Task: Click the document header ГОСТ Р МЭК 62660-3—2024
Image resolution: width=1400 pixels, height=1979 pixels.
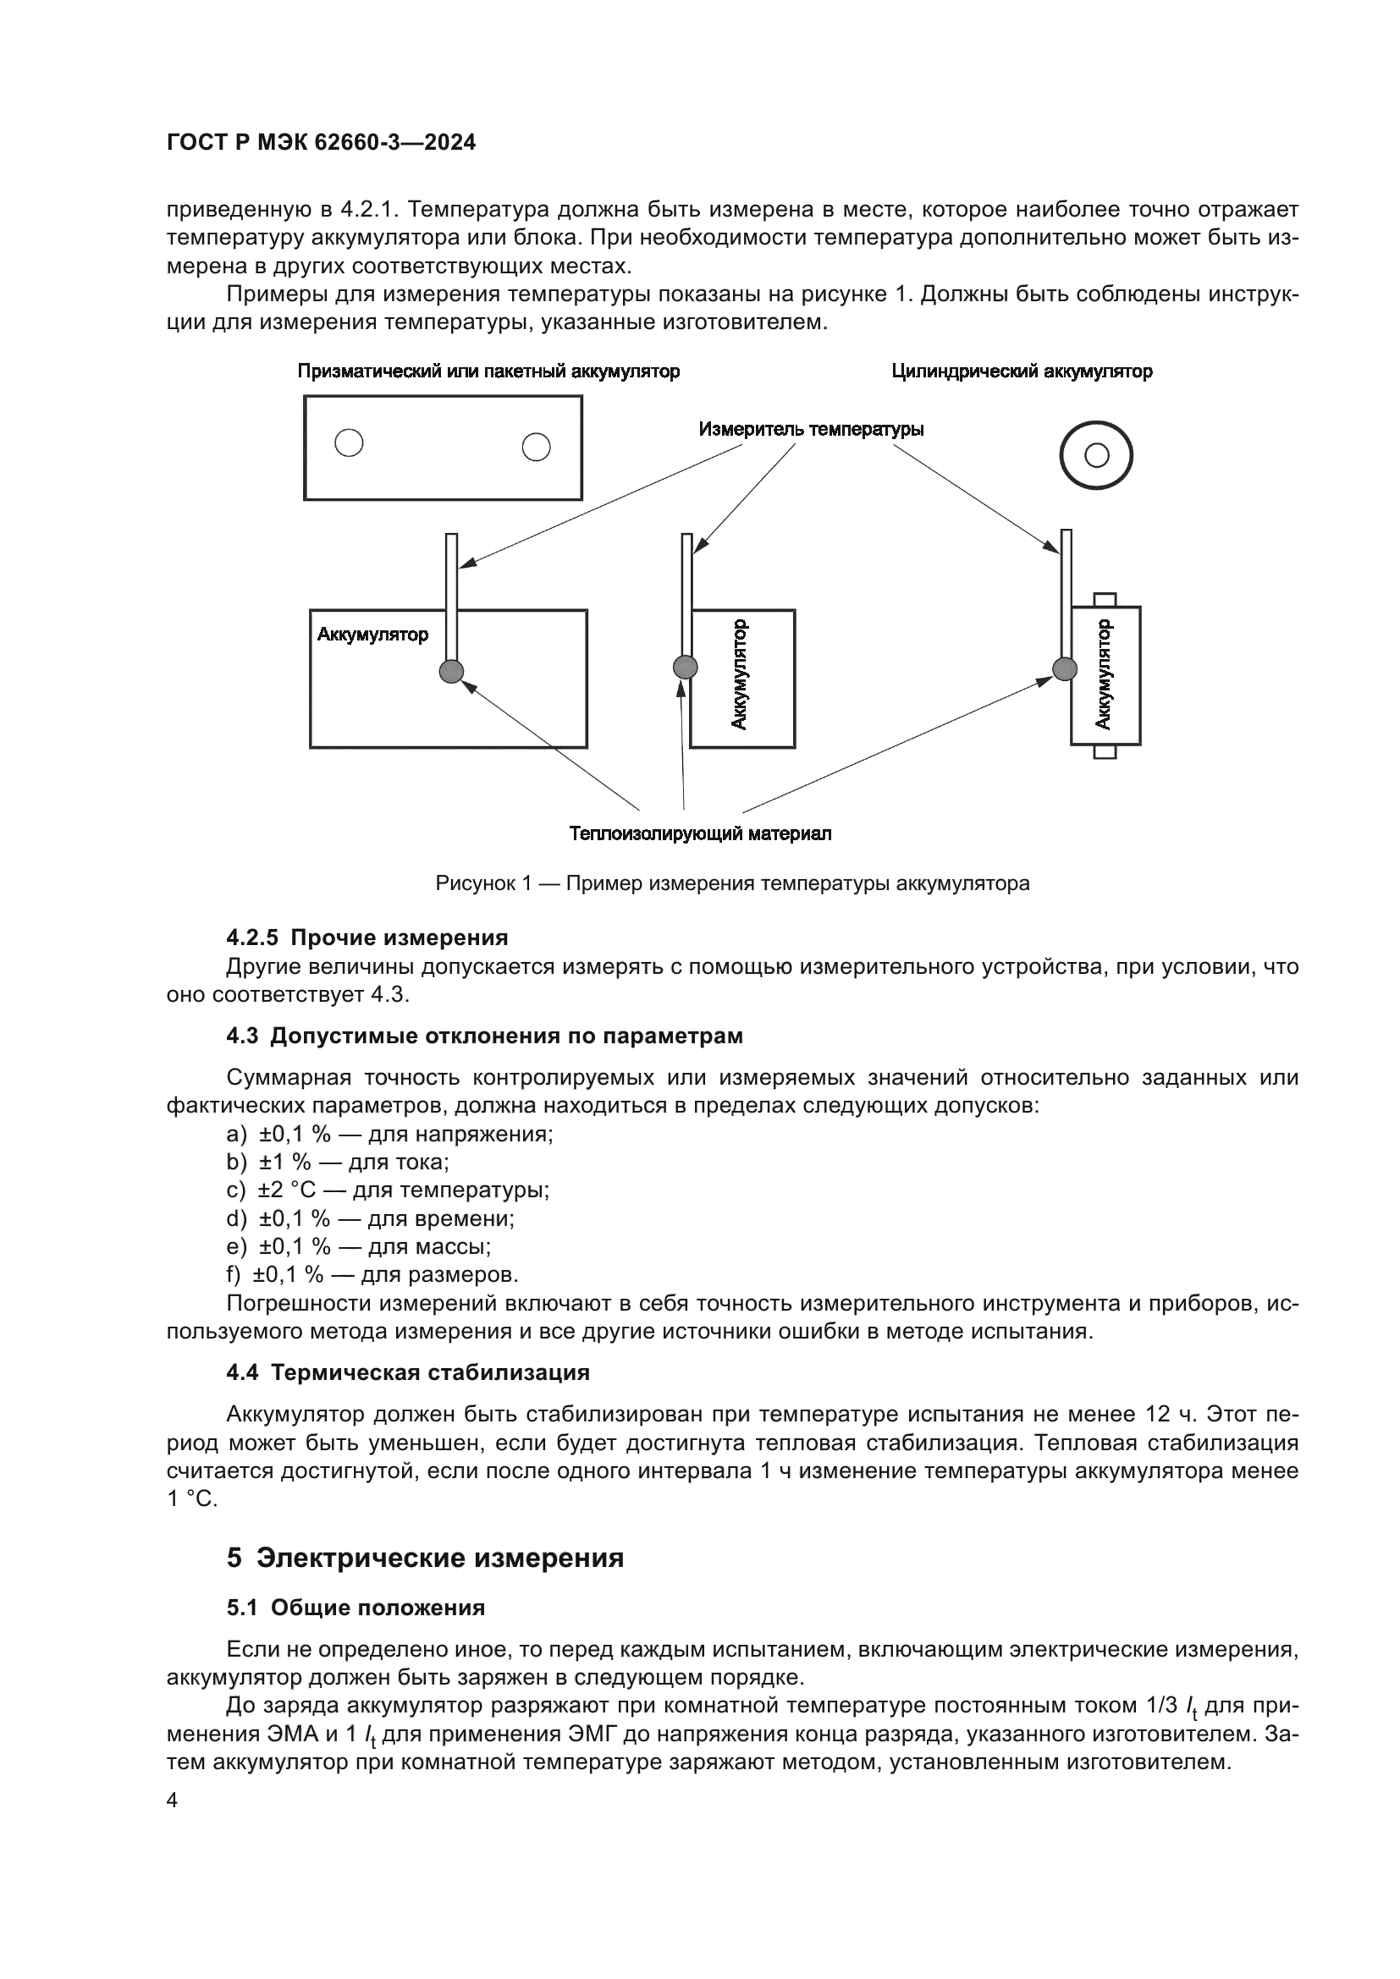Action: [x=321, y=143]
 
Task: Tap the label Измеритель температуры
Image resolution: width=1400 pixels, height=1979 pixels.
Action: [x=810, y=429]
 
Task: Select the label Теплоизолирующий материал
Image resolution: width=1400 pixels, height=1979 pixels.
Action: [x=700, y=833]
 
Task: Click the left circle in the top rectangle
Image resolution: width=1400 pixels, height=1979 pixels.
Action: [x=349, y=443]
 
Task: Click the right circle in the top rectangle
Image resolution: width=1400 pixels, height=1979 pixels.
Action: [x=536, y=447]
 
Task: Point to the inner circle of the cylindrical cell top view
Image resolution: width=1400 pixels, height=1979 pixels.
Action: [x=1096, y=455]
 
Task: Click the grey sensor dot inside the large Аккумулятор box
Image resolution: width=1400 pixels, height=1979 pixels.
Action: [x=452, y=671]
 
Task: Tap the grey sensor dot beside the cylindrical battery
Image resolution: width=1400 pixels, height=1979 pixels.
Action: [x=1066, y=668]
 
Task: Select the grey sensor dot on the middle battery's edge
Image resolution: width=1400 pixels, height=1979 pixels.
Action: [x=685, y=666]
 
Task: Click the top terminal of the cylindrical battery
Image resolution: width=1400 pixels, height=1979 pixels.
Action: [x=1105, y=600]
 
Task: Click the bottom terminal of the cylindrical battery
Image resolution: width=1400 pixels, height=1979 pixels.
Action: [x=1105, y=751]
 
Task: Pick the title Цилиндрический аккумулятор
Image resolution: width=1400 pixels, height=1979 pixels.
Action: [x=1022, y=371]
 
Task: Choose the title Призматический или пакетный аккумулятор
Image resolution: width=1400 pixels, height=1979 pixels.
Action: [x=488, y=371]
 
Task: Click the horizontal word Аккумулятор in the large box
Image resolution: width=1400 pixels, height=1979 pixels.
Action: [x=372, y=635]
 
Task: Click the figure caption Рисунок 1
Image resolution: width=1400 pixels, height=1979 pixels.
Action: [x=732, y=883]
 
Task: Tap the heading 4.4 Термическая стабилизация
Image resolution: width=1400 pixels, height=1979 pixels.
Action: [x=408, y=1373]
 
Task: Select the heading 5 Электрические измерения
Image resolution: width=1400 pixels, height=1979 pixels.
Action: [x=425, y=1558]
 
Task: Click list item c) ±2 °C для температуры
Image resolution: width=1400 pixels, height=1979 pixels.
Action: [x=388, y=1190]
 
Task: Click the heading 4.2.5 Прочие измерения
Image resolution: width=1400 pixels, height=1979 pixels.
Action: [x=367, y=937]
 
